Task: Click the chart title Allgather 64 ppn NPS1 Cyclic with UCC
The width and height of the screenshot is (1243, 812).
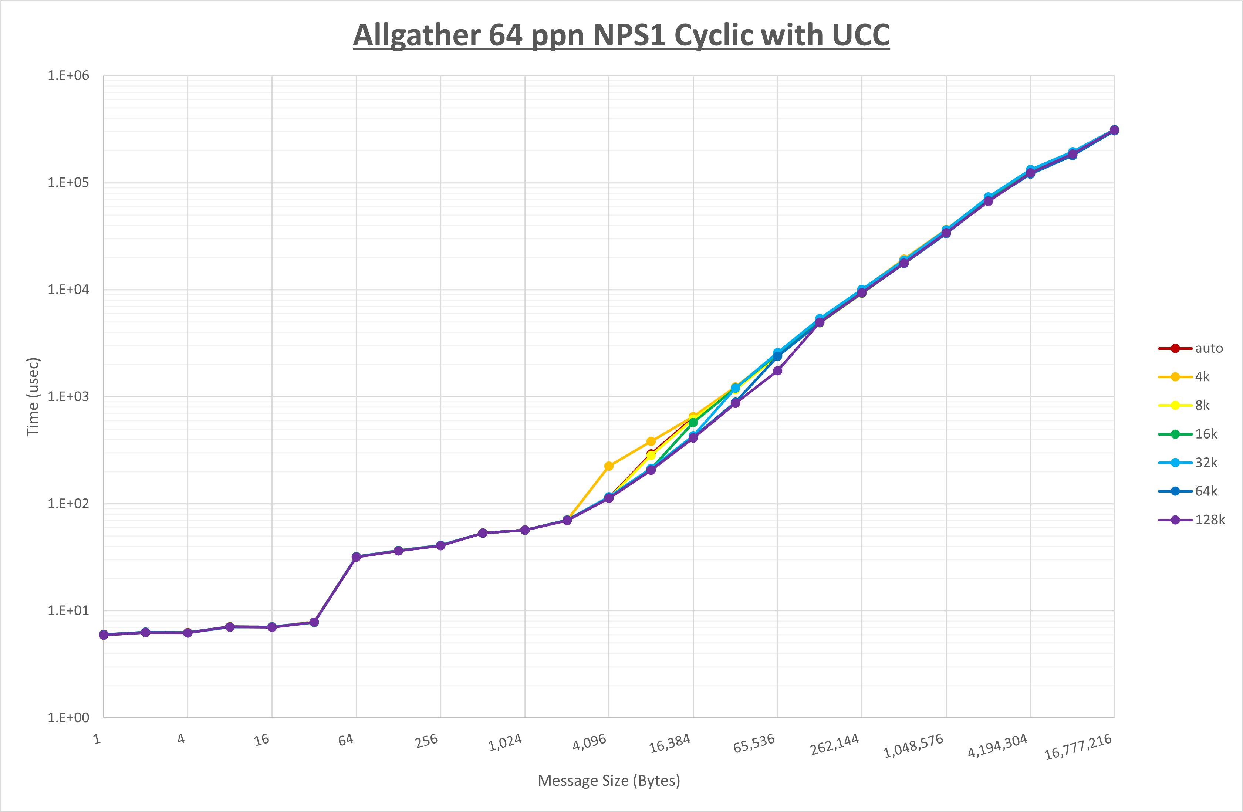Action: pyautogui.click(x=621, y=35)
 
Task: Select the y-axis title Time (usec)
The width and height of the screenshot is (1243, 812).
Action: pyautogui.click(x=33, y=396)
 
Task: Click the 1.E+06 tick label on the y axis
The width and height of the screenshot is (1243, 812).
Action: pyautogui.click(x=68, y=76)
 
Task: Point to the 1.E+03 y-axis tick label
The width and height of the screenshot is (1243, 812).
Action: pyautogui.click(x=68, y=396)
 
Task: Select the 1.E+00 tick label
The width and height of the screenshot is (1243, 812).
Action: pyautogui.click(x=68, y=717)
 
